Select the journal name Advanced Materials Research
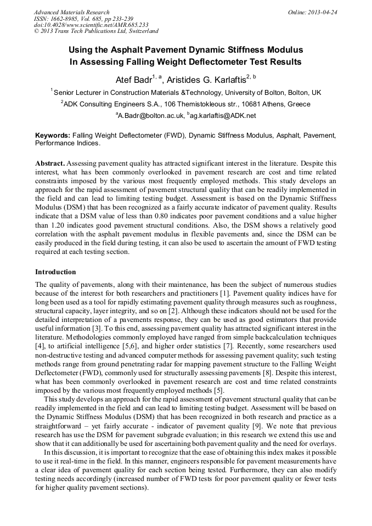tap(71, 12)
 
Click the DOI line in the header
tap(91, 25)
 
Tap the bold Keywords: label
tap(53, 135)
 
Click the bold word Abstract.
tap(50, 164)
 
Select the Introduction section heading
tap(55, 272)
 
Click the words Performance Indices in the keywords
tap(67, 143)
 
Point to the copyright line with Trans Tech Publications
tap(96, 31)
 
